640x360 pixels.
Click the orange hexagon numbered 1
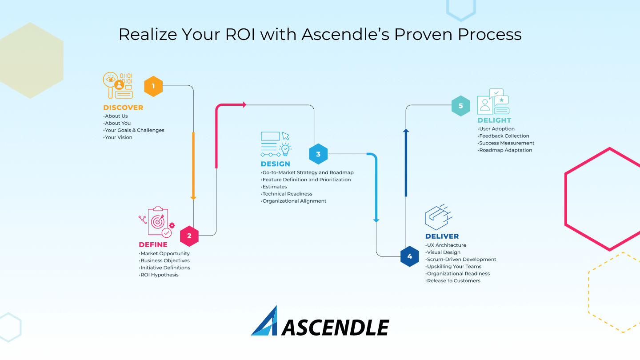tap(153, 86)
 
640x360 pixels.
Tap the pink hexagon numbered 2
tap(189, 236)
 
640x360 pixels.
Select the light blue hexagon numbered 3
tap(318, 154)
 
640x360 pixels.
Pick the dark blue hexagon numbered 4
tap(409, 256)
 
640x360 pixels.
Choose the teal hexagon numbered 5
tap(460, 106)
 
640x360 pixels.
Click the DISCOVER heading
tap(123, 108)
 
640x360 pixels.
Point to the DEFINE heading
tap(153, 244)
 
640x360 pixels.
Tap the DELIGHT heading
tap(494, 120)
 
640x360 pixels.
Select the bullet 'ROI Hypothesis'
tap(160, 275)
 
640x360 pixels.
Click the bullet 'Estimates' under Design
tap(274, 187)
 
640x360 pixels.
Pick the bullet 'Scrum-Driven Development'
tap(461, 259)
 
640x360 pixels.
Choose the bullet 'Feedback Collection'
tap(504, 136)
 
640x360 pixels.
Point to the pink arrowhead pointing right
tap(244, 105)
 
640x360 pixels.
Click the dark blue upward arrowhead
tap(406, 131)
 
